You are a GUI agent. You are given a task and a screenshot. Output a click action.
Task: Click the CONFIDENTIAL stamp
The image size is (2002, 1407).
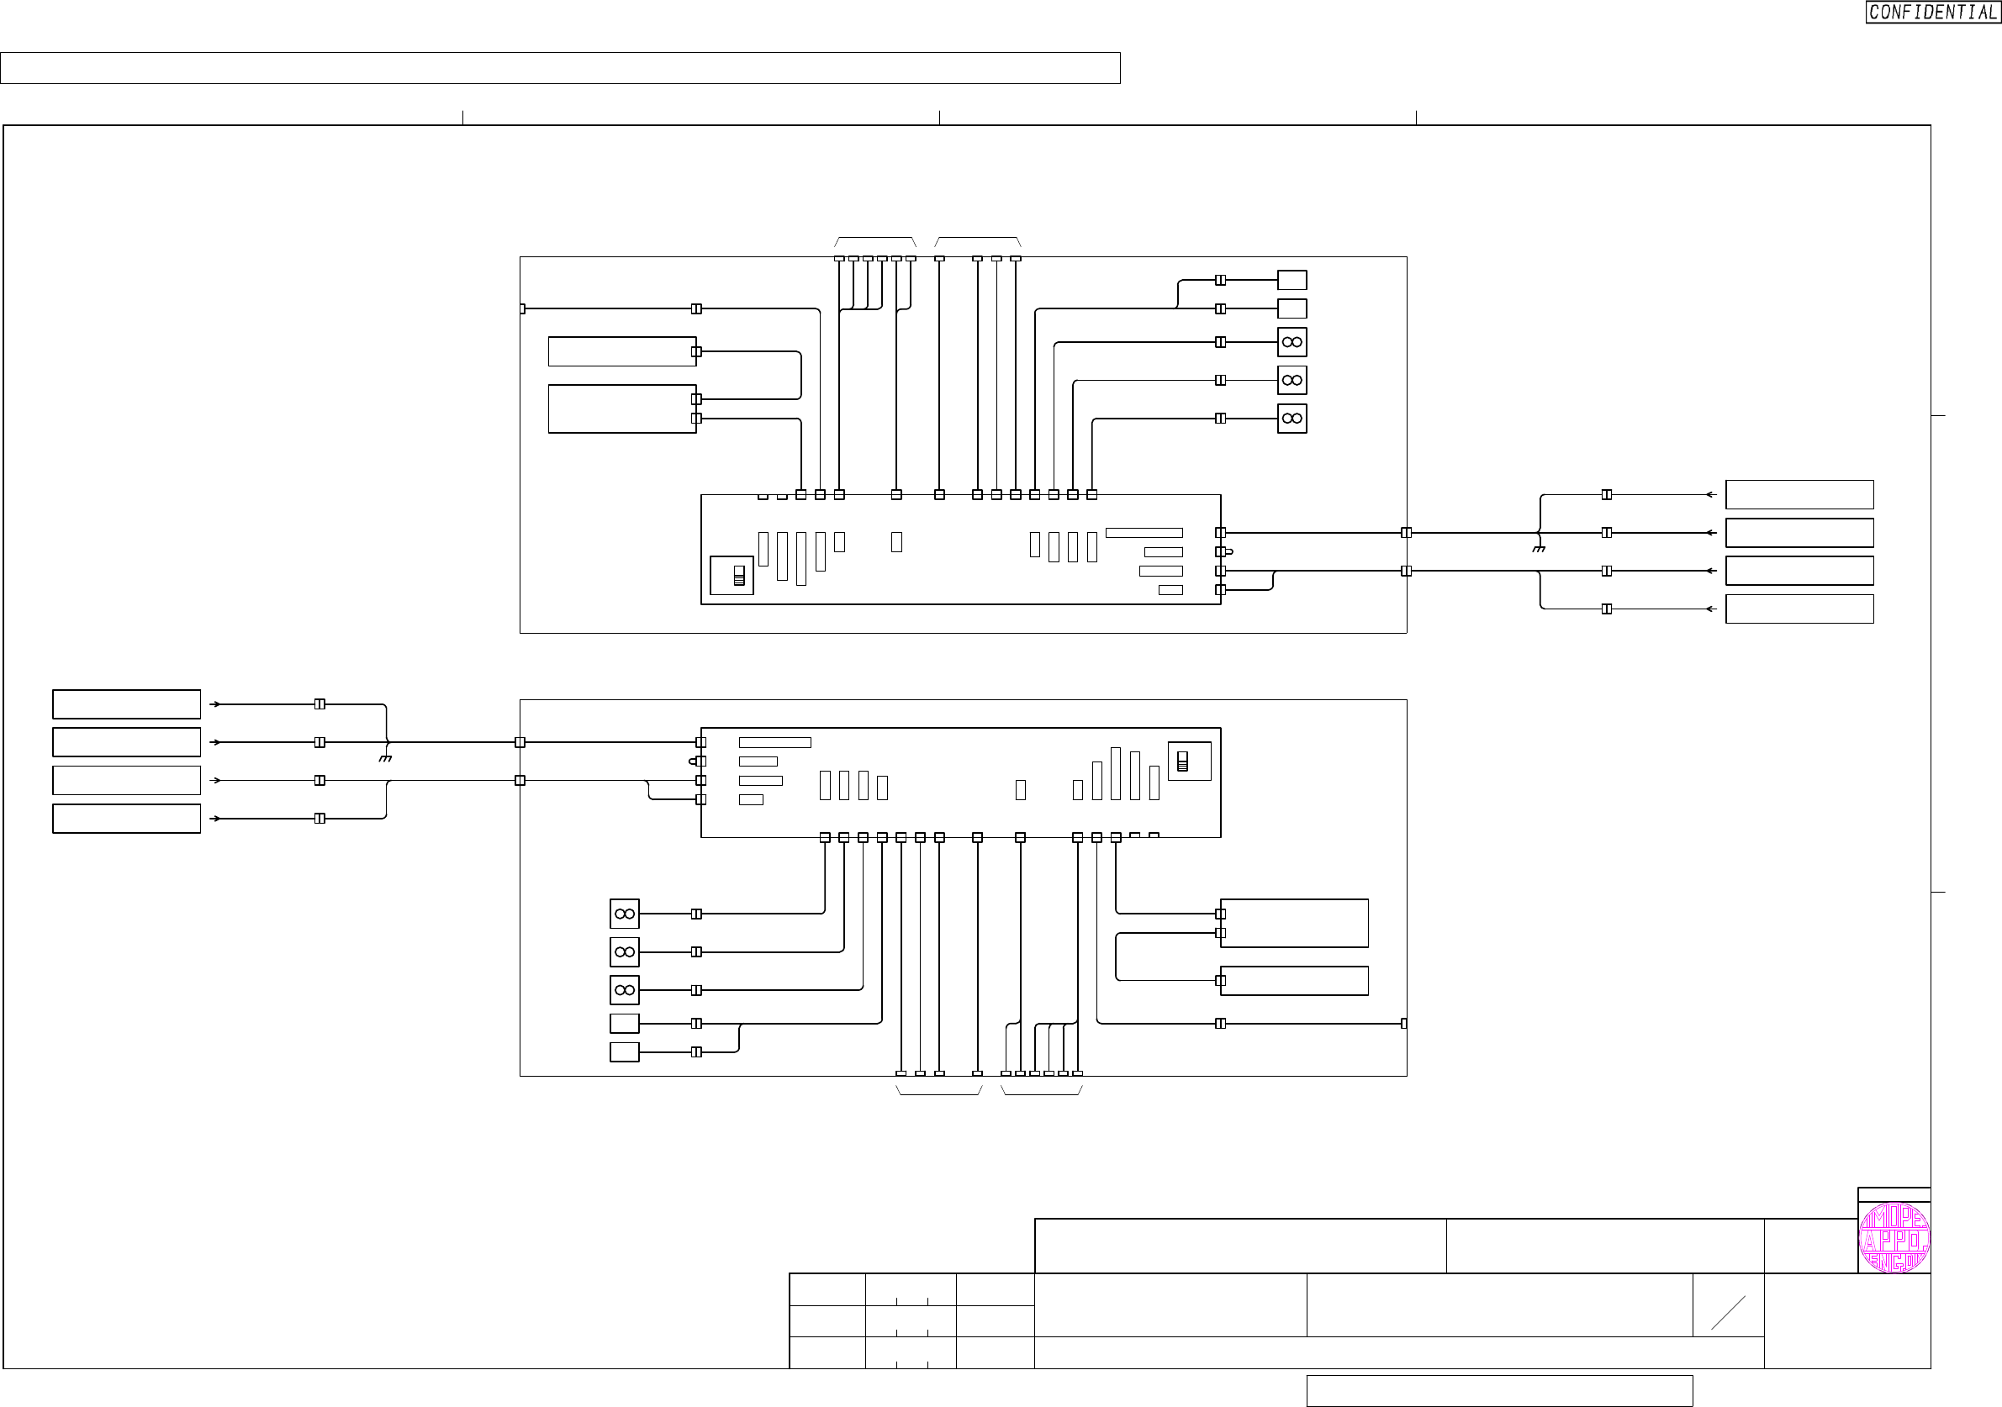1932,13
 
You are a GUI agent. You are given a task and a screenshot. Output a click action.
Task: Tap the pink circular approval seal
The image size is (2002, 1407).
1894,1239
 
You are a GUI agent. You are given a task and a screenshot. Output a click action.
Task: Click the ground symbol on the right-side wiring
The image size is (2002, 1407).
1539,548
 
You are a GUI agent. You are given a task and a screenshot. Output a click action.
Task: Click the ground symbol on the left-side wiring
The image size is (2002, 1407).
385,758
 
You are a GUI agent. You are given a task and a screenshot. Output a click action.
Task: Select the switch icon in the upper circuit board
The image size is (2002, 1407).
738,576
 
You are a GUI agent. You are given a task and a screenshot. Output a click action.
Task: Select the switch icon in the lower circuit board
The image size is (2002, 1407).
1182,761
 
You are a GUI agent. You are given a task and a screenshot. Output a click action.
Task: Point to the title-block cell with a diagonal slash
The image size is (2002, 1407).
1727,1313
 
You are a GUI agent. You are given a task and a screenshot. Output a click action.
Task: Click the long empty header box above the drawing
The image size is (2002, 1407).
560,68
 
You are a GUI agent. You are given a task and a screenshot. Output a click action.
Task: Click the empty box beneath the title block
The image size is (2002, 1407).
1499,1390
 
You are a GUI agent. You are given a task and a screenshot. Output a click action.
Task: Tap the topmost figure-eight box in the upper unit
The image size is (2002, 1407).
1292,342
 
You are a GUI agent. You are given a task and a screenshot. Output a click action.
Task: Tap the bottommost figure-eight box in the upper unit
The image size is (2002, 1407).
1292,419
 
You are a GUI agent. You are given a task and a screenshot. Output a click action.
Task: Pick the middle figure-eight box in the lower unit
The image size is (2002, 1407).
625,952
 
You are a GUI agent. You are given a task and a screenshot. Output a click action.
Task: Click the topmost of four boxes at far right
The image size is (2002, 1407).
1799,494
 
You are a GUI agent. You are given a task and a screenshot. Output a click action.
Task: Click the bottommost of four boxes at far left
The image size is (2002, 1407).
126,819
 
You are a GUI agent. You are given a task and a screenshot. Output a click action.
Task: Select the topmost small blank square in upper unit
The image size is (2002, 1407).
1292,280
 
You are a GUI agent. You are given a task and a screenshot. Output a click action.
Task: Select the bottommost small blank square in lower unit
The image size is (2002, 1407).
625,1051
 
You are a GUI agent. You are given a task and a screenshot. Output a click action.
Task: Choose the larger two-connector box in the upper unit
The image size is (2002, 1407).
621,408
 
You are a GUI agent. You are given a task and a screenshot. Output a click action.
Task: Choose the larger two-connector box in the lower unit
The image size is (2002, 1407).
1294,923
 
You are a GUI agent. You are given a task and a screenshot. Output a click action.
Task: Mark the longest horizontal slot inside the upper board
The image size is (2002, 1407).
1144,533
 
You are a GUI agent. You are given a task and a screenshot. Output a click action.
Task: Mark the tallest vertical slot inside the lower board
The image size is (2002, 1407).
1115,773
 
